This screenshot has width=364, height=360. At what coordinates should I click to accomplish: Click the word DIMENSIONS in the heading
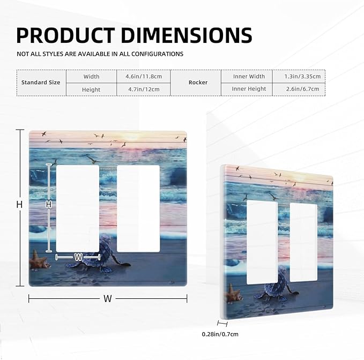(187, 35)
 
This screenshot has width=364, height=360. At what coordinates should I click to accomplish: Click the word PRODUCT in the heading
(65, 35)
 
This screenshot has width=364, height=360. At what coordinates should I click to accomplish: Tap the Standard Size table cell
(41, 82)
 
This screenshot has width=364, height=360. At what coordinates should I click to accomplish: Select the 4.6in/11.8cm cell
(144, 76)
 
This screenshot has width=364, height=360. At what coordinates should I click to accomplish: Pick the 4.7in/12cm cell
(144, 89)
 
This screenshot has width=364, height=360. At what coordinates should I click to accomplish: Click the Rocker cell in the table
(198, 82)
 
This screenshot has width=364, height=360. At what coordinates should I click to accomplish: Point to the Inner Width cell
(249, 76)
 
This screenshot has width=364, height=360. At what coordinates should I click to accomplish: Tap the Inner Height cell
(249, 89)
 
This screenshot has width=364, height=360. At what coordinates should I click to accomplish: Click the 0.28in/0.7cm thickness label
(220, 334)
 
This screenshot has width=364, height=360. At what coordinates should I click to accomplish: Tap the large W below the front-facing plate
(108, 299)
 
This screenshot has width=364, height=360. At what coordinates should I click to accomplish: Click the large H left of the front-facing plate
(20, 205)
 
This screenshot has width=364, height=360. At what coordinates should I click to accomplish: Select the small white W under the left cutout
(78, 257)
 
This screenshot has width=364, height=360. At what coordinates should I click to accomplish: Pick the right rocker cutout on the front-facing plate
(138, 208)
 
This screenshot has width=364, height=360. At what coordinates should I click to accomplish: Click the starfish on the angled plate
(234, 294)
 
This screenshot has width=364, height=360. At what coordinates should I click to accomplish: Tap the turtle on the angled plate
(276, 287)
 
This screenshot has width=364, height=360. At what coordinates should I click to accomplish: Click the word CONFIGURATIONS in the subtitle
(158, 54)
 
